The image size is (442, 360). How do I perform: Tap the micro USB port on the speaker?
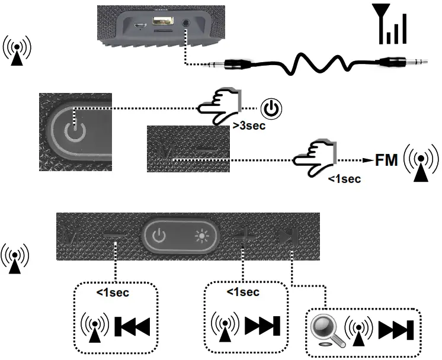(x=140, y=26)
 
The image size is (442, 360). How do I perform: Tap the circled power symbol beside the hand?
(x=271, y=110)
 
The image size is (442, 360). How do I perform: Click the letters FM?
(x=387, y=160)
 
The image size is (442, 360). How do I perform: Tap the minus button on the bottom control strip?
(x=114, y=236)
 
